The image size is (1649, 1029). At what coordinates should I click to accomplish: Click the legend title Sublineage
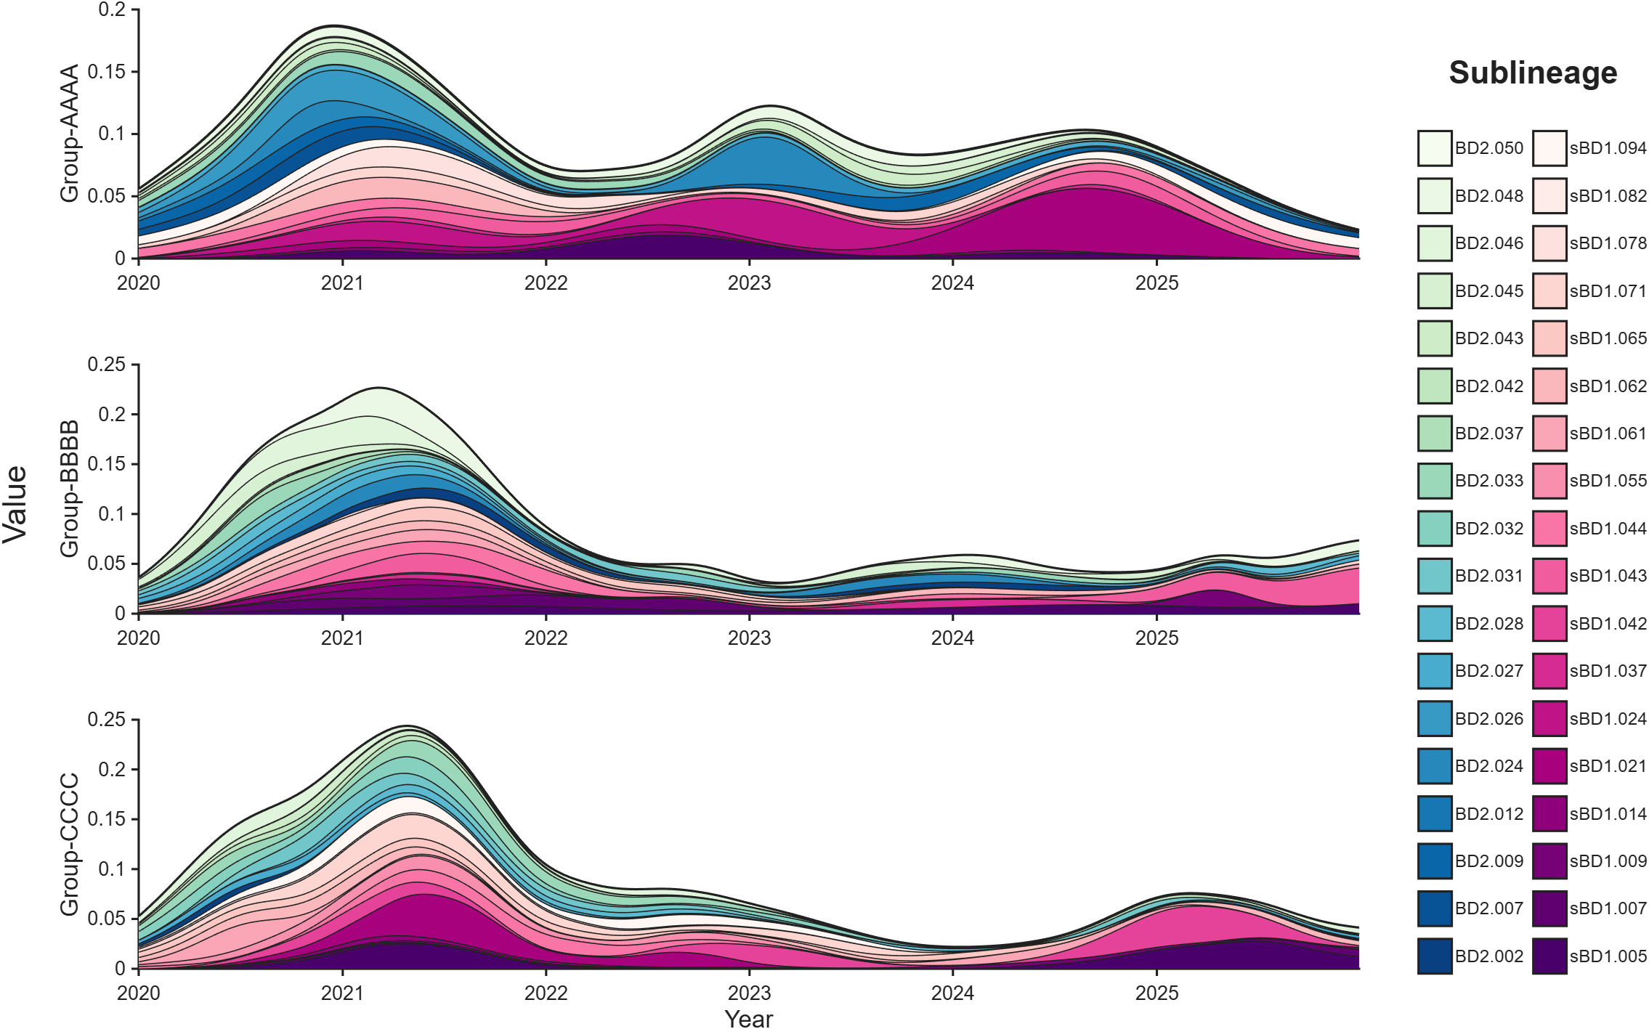(x=1533, y=73)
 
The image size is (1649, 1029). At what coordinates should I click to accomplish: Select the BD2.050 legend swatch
(x=1435, y=148)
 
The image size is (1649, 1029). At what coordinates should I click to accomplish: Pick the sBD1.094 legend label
(x=1608, y=148)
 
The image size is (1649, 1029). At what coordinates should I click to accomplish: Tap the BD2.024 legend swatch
(x=1435, y=766)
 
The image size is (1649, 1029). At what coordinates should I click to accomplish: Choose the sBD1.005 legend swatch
(x=1549, y=956)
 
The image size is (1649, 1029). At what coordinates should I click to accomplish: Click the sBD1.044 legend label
(x=1608, y=529)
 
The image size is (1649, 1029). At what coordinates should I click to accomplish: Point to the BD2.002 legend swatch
(x=1435, y=956)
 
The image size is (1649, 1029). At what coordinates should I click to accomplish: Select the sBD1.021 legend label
(x=1608, y=766)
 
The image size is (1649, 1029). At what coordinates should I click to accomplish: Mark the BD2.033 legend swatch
(x=1435, y=481)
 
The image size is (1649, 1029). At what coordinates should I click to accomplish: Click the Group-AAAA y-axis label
(x=69, y=133)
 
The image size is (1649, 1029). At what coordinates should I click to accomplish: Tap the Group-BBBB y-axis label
(x=69, y=488)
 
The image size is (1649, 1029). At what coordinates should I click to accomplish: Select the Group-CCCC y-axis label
(x=69, y=844)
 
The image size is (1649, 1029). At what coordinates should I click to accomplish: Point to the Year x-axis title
(x=749, y=1018)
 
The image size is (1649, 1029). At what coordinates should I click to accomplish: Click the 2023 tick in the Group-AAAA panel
(x=749, y=282)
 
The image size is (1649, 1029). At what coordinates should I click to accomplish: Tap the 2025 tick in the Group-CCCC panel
(x=1156, y=993)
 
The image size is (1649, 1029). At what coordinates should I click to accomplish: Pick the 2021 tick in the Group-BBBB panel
(x=342, y=638)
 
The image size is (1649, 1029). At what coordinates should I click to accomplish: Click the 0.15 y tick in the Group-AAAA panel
(x=107, y=71)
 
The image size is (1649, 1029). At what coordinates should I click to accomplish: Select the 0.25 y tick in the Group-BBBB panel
(x=107, y=365)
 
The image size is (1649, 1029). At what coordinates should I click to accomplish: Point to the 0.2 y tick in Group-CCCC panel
(x=112, y=769)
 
